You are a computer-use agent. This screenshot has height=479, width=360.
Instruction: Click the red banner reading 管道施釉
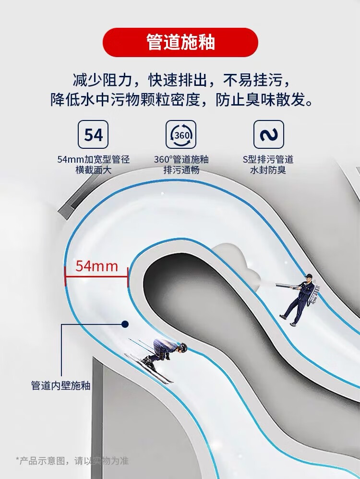[180, 42]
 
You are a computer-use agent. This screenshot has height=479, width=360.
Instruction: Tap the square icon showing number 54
[93, 135]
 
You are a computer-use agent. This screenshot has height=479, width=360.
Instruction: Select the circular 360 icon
[181, 135]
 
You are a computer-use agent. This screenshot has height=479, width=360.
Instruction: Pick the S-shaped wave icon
[268, 135]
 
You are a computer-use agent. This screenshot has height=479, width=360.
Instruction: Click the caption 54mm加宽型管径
[93, 159]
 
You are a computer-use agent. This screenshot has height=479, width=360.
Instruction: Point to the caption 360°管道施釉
[181, 159]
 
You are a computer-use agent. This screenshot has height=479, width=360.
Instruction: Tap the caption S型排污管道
[268, 159]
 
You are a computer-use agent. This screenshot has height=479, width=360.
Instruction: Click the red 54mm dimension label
[96, 266]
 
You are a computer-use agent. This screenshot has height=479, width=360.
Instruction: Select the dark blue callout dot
[125, 324]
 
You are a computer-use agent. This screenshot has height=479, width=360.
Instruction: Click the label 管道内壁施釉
[60, 385]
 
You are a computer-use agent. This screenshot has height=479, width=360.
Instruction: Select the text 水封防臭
[268, 170]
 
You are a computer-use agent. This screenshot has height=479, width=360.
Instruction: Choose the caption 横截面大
[93, 170]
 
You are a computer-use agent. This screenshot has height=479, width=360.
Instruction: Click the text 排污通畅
[181, 170]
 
